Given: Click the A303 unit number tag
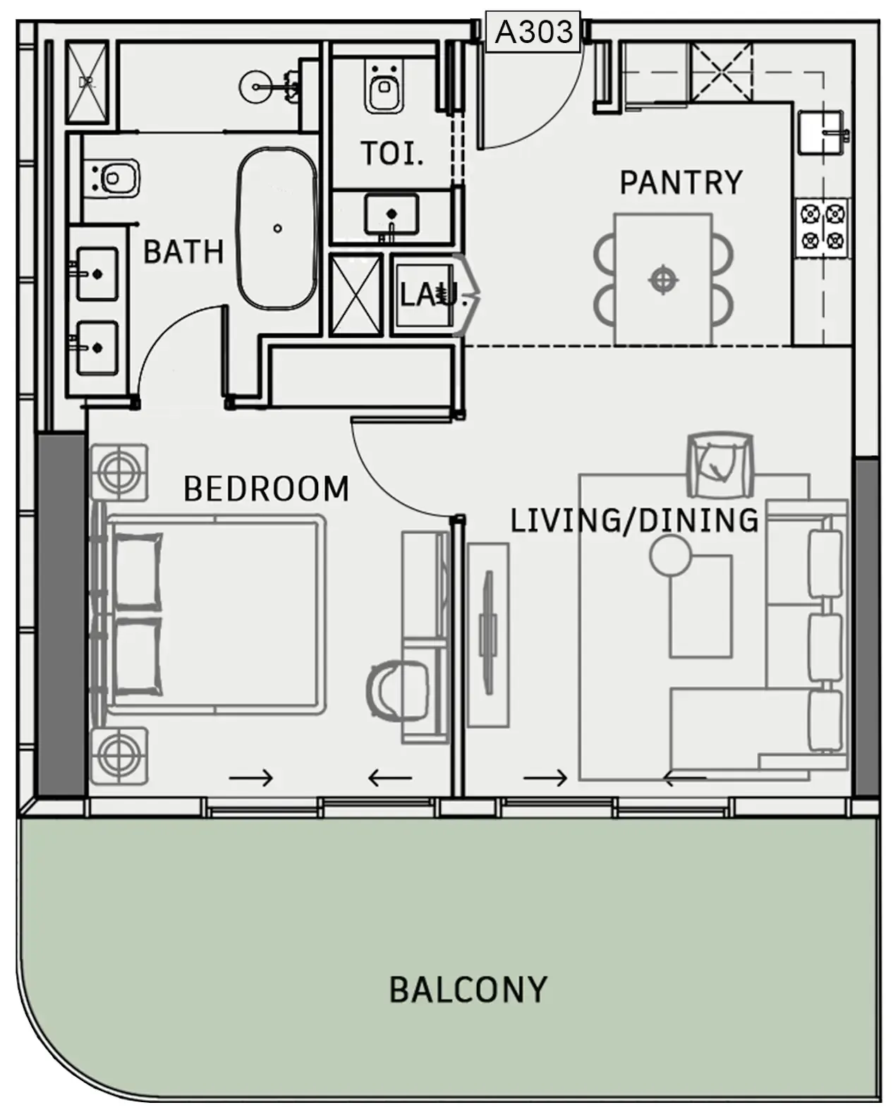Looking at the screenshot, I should [x=533, y=32].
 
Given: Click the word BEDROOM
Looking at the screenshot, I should [x=266, y=489].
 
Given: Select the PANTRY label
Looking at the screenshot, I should [x=681, y=183].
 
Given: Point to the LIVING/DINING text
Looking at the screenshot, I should [x=633, y=520].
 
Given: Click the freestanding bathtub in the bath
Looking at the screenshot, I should [x=277, y=228].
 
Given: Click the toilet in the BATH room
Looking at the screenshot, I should [x=113, y=178].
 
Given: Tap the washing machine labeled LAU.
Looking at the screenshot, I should [x=425, y=293].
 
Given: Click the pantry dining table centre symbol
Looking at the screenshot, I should [x=662, y=279].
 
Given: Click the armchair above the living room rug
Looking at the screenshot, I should [x=719, y=463].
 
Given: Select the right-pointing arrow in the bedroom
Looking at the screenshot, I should [x=250, y=778].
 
